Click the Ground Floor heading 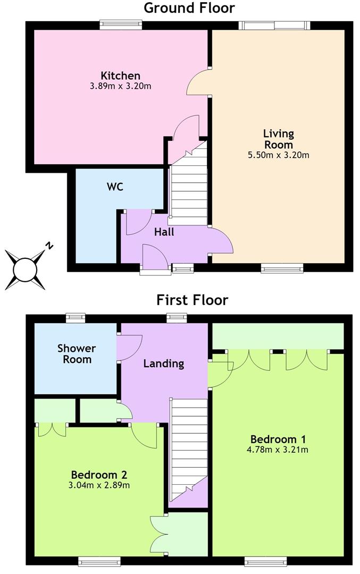[189, 7]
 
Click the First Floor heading [192, 300]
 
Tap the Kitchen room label [121, 76]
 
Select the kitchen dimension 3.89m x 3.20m [121, 87]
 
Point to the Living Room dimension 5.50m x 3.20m [279, 155]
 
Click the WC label [115, 187]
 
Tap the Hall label [164, 232]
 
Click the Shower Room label [77, 353]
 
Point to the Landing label [164, 364]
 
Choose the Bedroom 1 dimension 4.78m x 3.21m [278, 450]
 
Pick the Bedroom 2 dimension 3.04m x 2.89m [99, 485]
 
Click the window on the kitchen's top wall [121, 25]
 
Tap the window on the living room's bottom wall [282, 268]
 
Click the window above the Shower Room [76, 318]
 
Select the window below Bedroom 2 [99, 561]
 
